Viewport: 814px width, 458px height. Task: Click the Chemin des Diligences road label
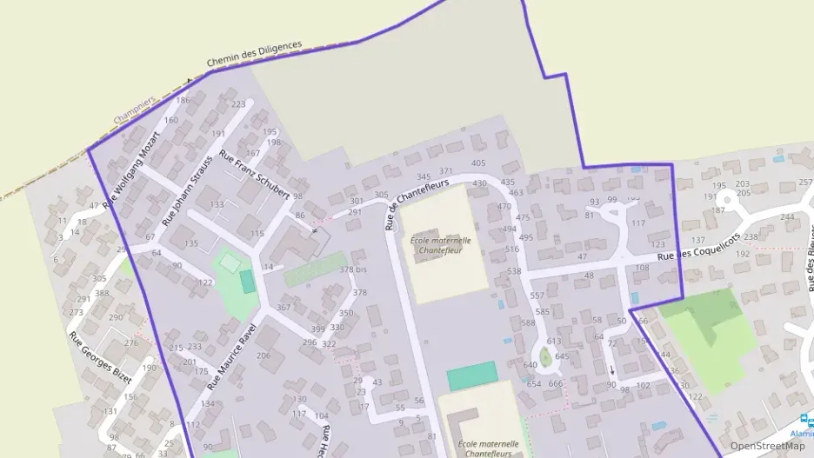click(x=254, y=53)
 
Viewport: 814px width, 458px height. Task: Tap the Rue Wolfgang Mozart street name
click(x=132, y=170)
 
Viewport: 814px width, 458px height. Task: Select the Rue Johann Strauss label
click(x=191, y=179)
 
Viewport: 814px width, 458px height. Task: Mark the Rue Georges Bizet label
click(x=100, y=360)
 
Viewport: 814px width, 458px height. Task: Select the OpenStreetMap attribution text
click(x=767, y=446)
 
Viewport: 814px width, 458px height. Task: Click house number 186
click(x=183, y=100)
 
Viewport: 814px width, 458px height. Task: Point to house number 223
click(x=238, y=104)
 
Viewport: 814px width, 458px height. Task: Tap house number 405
click(x=478, y=163)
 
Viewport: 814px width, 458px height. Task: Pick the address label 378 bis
click(x=352, y=270)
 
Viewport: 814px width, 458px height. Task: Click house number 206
click(x=264, y=355)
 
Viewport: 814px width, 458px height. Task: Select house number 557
click(x=537, y=295)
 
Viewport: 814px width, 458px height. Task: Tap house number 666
click(x=557, y=384)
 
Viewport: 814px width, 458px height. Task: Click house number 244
click(x=787, y=217)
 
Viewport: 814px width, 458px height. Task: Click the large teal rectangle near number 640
click(x=472, y=375)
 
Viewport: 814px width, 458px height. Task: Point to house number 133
click(x=217, y=205)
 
